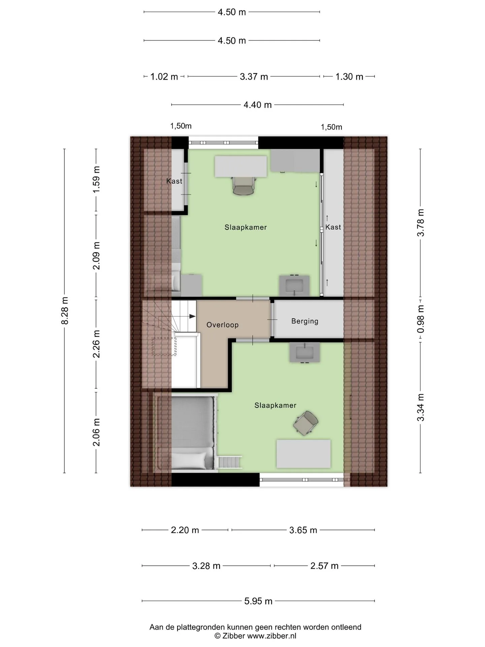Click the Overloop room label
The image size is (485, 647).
(x=222, y=325)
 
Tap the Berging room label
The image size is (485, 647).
(x=305, y=321)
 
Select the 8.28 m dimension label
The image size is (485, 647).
(x=65, y=311)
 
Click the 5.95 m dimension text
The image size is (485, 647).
(x=258, y=601)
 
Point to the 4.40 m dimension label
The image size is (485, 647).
(x=258, y=105)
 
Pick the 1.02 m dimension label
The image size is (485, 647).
(x=164, y=77)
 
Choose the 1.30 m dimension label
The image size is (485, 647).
(x=349, y=77)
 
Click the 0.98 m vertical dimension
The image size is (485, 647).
(x=421, y=319)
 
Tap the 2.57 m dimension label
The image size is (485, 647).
(x=324, y=565)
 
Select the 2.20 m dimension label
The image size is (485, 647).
(x=185, y=530)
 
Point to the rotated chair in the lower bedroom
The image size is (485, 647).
(x=305, y=423)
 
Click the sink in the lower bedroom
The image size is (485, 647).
(x=304, y=352)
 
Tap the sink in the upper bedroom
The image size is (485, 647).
(x=294, y=286)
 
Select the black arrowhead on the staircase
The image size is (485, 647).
(x=192, y=316)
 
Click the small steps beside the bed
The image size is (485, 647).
(x=230, y=462)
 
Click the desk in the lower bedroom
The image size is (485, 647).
(x=303, y=454)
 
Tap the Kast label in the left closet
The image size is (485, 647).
(x=174, y=181)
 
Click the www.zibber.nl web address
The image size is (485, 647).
(x=272, y=636)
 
